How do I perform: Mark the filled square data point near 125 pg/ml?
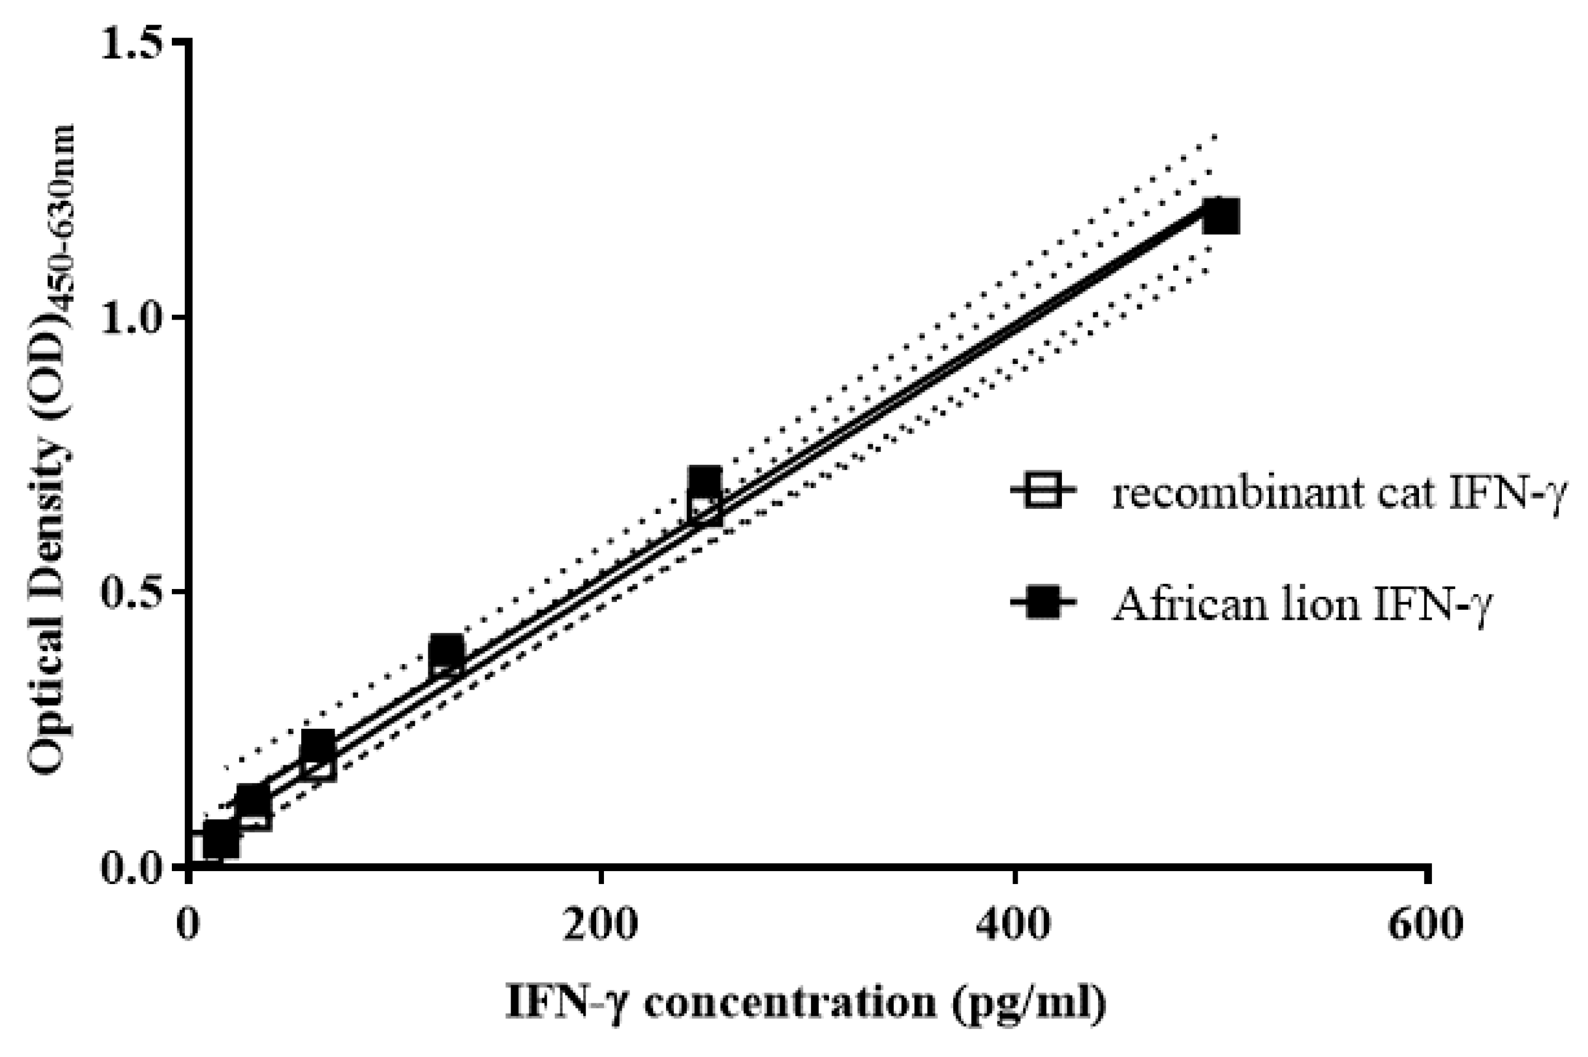(446, 651)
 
